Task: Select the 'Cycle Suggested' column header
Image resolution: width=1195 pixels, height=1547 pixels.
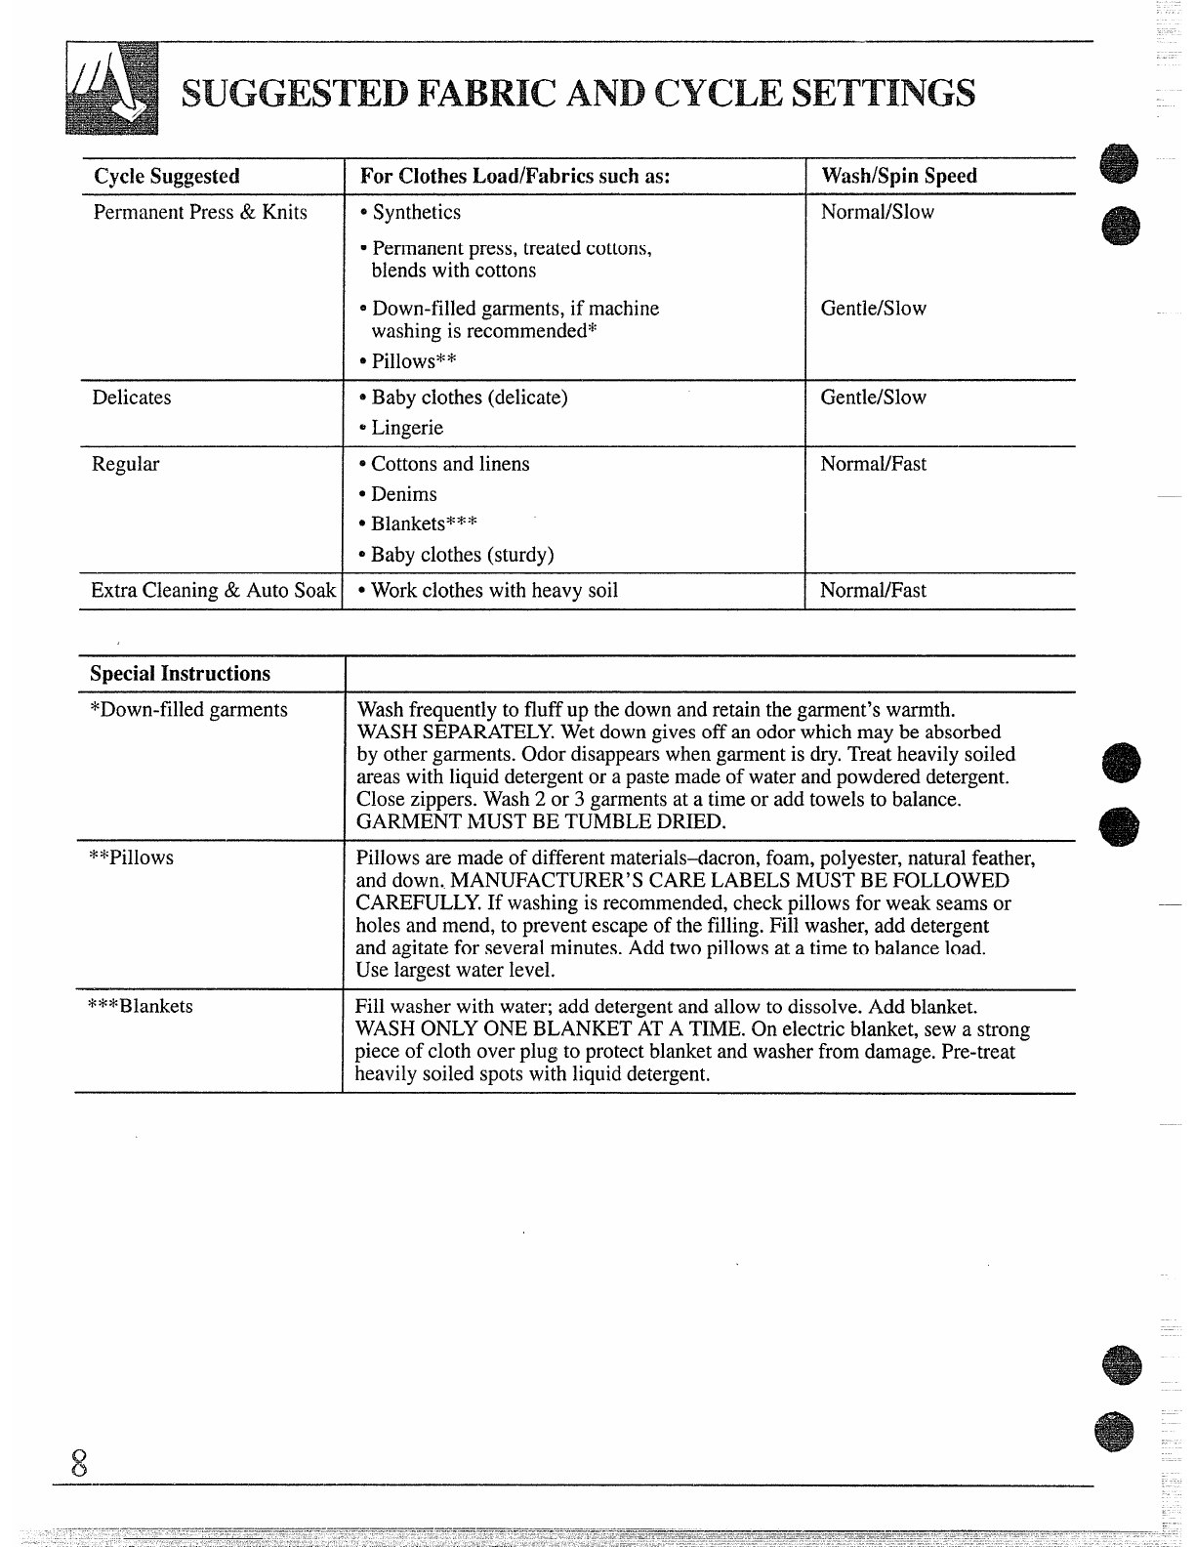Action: [166, 176]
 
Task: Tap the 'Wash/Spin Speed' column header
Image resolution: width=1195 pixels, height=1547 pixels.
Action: [898, 176]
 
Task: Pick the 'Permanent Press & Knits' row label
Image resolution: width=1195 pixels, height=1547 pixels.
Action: [199, 212]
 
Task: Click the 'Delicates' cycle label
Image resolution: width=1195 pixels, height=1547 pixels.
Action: [131, 397]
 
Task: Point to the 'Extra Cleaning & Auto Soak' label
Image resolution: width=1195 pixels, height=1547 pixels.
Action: [213, 590]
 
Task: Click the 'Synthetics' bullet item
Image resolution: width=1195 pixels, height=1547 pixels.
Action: [410, 212]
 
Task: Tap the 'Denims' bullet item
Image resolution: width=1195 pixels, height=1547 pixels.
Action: [398, 494]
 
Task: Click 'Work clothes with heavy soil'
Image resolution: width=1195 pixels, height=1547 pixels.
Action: [488, 590]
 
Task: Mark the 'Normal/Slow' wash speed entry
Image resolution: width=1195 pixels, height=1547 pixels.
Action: [877, 212]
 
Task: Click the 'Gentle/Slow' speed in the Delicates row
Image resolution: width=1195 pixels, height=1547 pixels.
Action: [873, 397]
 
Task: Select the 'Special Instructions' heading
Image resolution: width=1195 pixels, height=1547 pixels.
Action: [180, 674]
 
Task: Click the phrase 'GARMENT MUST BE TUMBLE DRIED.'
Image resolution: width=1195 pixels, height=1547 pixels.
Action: [541, 821]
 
